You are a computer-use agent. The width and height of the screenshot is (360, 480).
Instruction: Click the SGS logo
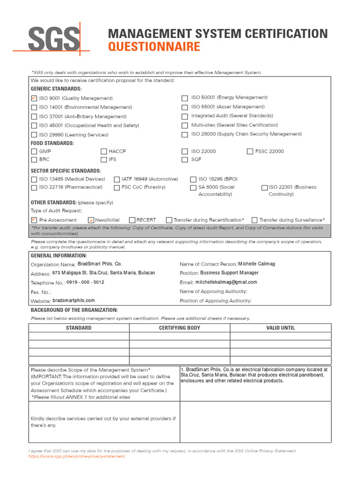(x=53, y=39)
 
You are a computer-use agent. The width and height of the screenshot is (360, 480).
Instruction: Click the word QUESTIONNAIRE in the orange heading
(x=154, y=47)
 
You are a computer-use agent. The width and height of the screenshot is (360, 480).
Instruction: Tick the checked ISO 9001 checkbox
(x=34, y=98)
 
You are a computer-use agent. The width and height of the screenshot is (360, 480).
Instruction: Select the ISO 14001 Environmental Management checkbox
(x=34, y=107)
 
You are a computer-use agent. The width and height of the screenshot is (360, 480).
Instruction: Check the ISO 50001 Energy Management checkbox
(x=185, y=98)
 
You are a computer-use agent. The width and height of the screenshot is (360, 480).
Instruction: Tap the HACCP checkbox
(x=104, y=151)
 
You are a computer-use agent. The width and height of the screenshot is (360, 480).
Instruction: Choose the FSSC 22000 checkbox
(x=250, y=151)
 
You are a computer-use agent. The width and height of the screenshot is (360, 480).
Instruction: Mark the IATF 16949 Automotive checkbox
(x=117, y=179)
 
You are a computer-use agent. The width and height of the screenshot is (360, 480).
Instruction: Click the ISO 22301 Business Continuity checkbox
(x=264, y=187)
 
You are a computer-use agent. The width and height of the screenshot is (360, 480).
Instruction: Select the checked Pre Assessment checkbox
(x=34, y=220)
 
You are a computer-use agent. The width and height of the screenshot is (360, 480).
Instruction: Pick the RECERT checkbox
(x=132, y=220)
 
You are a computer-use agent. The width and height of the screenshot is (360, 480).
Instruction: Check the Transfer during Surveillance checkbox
(x=255, y=220)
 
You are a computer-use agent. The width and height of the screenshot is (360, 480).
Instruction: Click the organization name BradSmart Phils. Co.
(x=99, y=264)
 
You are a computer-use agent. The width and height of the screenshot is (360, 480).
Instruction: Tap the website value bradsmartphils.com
(x=74, y=300)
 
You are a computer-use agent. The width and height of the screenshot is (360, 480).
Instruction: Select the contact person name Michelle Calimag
(x=256, y=264)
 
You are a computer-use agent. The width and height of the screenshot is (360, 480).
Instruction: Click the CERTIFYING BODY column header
(x=180, y=328)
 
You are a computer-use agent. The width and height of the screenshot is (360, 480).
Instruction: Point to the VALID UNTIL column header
(x=280, y=328)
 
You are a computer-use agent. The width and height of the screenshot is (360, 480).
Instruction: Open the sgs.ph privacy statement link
(x=77, y=456)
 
